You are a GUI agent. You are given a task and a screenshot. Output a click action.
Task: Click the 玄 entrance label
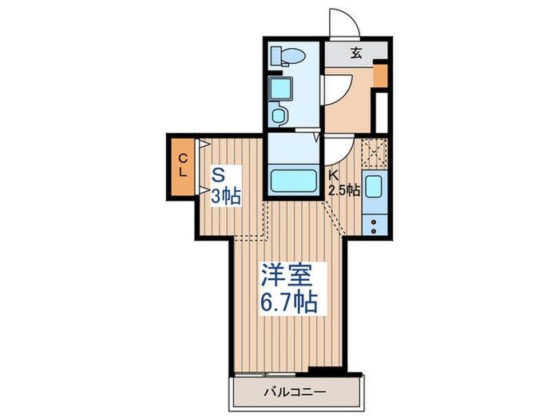pyautogui.click(x=355, y=54)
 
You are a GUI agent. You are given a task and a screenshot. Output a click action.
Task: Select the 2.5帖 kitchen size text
pyautogui.click(x=343, y=191)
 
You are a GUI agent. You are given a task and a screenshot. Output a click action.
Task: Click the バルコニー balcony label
pyautogui.click(x=298, y=392)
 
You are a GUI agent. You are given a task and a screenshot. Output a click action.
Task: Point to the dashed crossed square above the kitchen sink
pyautogui.click(x=374, y=151)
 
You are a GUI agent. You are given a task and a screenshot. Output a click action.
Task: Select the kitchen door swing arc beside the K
pyautogui.click(x=337, y=148)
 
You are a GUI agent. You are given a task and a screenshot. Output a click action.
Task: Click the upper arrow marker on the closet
pyautogui.click(x=204, y=145)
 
